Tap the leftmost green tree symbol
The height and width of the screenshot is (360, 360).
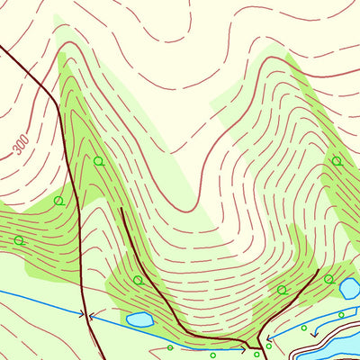pos(18,240)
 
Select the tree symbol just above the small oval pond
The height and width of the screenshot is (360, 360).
pos(138,280)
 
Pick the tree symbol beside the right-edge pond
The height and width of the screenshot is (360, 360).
pos(328,279)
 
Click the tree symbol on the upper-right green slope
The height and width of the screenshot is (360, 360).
pos(336,161)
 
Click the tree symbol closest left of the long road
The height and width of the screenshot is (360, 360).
pos(58,200)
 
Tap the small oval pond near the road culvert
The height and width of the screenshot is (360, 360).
pos(139,319)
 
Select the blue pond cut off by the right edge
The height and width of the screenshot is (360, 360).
pos(349,288)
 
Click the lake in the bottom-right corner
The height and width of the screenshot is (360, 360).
pos(337,346)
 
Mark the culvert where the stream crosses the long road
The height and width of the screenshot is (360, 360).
pos(87,315)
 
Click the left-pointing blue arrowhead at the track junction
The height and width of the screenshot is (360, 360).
pos(267,340)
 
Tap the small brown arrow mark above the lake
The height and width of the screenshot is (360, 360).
pos(313,334)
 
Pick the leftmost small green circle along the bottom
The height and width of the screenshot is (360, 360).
pos(170,347)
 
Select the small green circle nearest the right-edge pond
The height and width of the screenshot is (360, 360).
pos(341,312)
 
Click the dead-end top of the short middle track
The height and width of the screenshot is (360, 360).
pos(121,209)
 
